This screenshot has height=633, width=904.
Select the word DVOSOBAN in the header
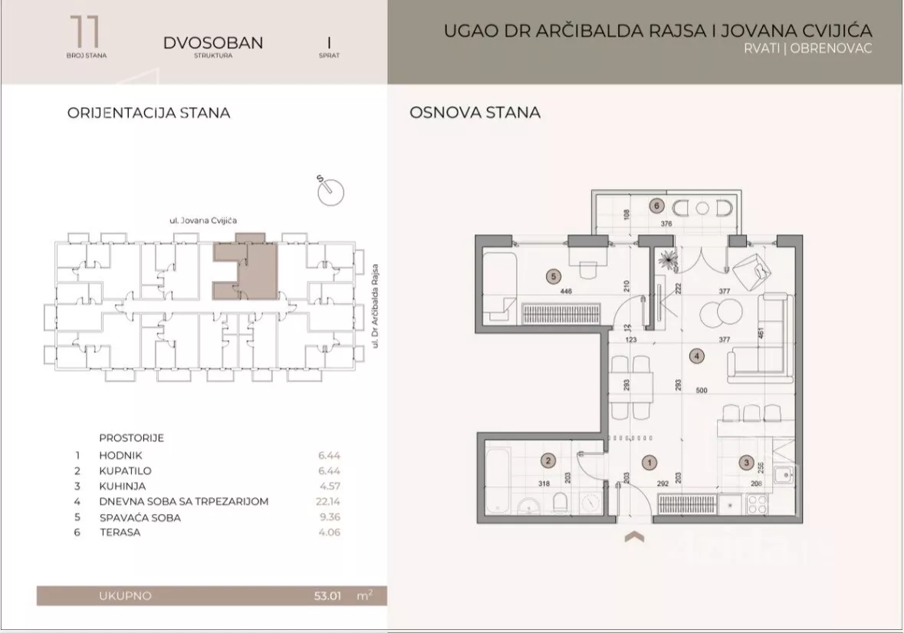212,43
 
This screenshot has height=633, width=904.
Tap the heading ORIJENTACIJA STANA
149,113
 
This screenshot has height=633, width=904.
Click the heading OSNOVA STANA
475,113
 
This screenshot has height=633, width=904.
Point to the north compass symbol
330,190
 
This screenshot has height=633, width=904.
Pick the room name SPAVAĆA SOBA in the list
140,518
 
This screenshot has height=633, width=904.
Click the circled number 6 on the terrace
656,206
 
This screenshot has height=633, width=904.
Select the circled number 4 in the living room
696,355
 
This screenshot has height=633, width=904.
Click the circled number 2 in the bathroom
547,461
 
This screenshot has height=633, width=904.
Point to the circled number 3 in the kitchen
745,462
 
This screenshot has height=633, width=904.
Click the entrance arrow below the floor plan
633,537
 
